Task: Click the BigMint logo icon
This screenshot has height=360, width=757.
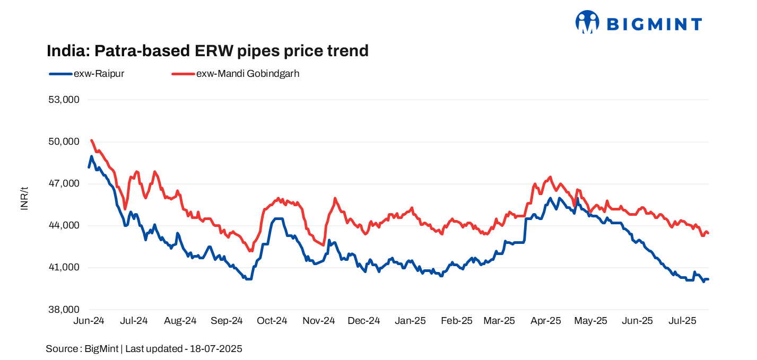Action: point(587,22)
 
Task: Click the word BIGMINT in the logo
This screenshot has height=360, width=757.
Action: point(654,24)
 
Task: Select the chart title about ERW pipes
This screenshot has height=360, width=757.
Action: point(207,51)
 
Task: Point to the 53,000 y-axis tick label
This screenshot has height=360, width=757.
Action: point(64,100)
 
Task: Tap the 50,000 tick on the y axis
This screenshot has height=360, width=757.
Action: point(64,142)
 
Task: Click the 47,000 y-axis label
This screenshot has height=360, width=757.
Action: point(64,183)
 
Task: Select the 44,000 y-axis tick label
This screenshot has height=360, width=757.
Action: point(64,225)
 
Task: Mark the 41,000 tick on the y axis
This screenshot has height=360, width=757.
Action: point(64,267)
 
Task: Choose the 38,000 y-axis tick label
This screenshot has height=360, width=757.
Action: point(64,309)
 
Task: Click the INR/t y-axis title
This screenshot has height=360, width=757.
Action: point(24,199)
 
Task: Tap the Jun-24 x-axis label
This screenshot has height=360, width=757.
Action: point(89,321)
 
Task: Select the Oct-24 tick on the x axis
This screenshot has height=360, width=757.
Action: point(272,321)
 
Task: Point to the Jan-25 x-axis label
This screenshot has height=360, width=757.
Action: point(411,321)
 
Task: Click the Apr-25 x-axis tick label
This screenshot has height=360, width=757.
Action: point(546,321)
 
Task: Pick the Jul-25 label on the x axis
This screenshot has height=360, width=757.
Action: point(682,321)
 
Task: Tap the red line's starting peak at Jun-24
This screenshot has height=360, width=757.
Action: point(92,141)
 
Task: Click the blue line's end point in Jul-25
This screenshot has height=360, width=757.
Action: point(708,279)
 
